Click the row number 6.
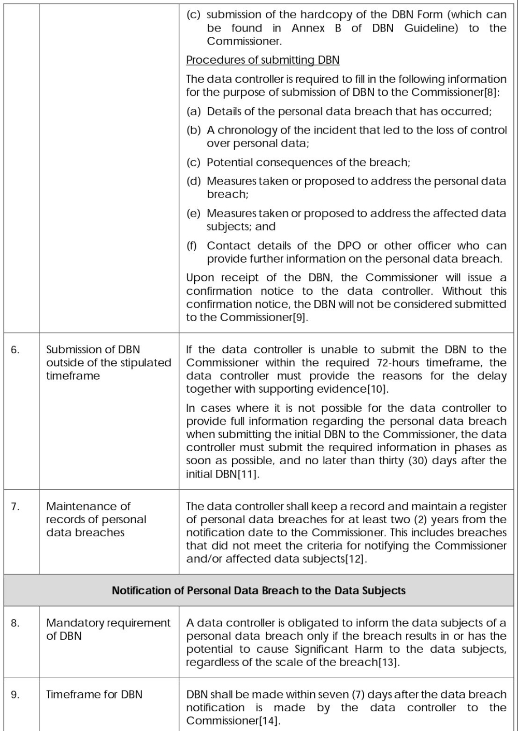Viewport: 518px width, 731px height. [15, 350]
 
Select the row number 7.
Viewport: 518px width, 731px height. [15, 507]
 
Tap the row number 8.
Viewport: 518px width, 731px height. [15, 623]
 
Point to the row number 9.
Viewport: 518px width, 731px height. [15, 695]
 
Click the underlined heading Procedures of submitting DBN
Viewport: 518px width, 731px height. [263, 60]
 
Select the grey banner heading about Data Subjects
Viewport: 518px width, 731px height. [258, 591]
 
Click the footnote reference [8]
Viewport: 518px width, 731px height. [491, 93]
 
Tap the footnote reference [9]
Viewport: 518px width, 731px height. [300, 318]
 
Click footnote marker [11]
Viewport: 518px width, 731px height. [248, 474]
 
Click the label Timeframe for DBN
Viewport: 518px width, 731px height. [94, 695]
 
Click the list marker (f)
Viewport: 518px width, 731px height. [192, 246]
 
